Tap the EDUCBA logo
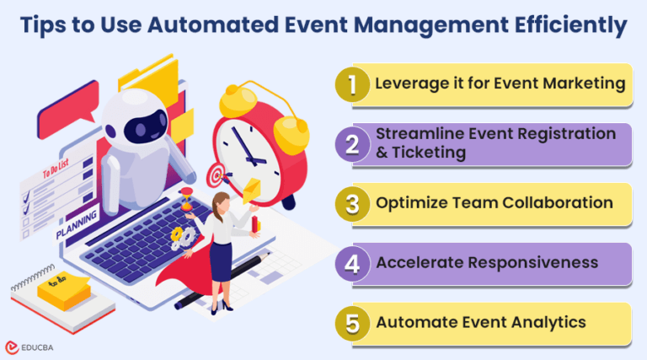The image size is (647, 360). coord(33,346)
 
